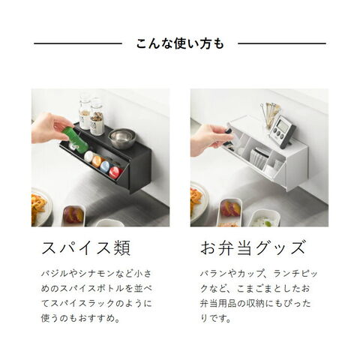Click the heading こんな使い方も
click(180, 43)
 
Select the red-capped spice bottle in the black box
click(115, 172)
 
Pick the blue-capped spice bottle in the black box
click(106, 166)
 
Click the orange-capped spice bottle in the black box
click(97, 161)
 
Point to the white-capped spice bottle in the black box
click(88, 157)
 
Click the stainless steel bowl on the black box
click(123, 139)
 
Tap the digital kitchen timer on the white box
click(282, 130)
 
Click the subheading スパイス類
click(86, 247)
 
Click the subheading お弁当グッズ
click(253, 247)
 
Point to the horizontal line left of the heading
click(78, 43)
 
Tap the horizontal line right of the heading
click(282, 43)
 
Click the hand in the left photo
click(50, 128)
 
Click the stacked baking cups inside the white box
click(260, 157)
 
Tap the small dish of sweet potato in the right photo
click(230, 211)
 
